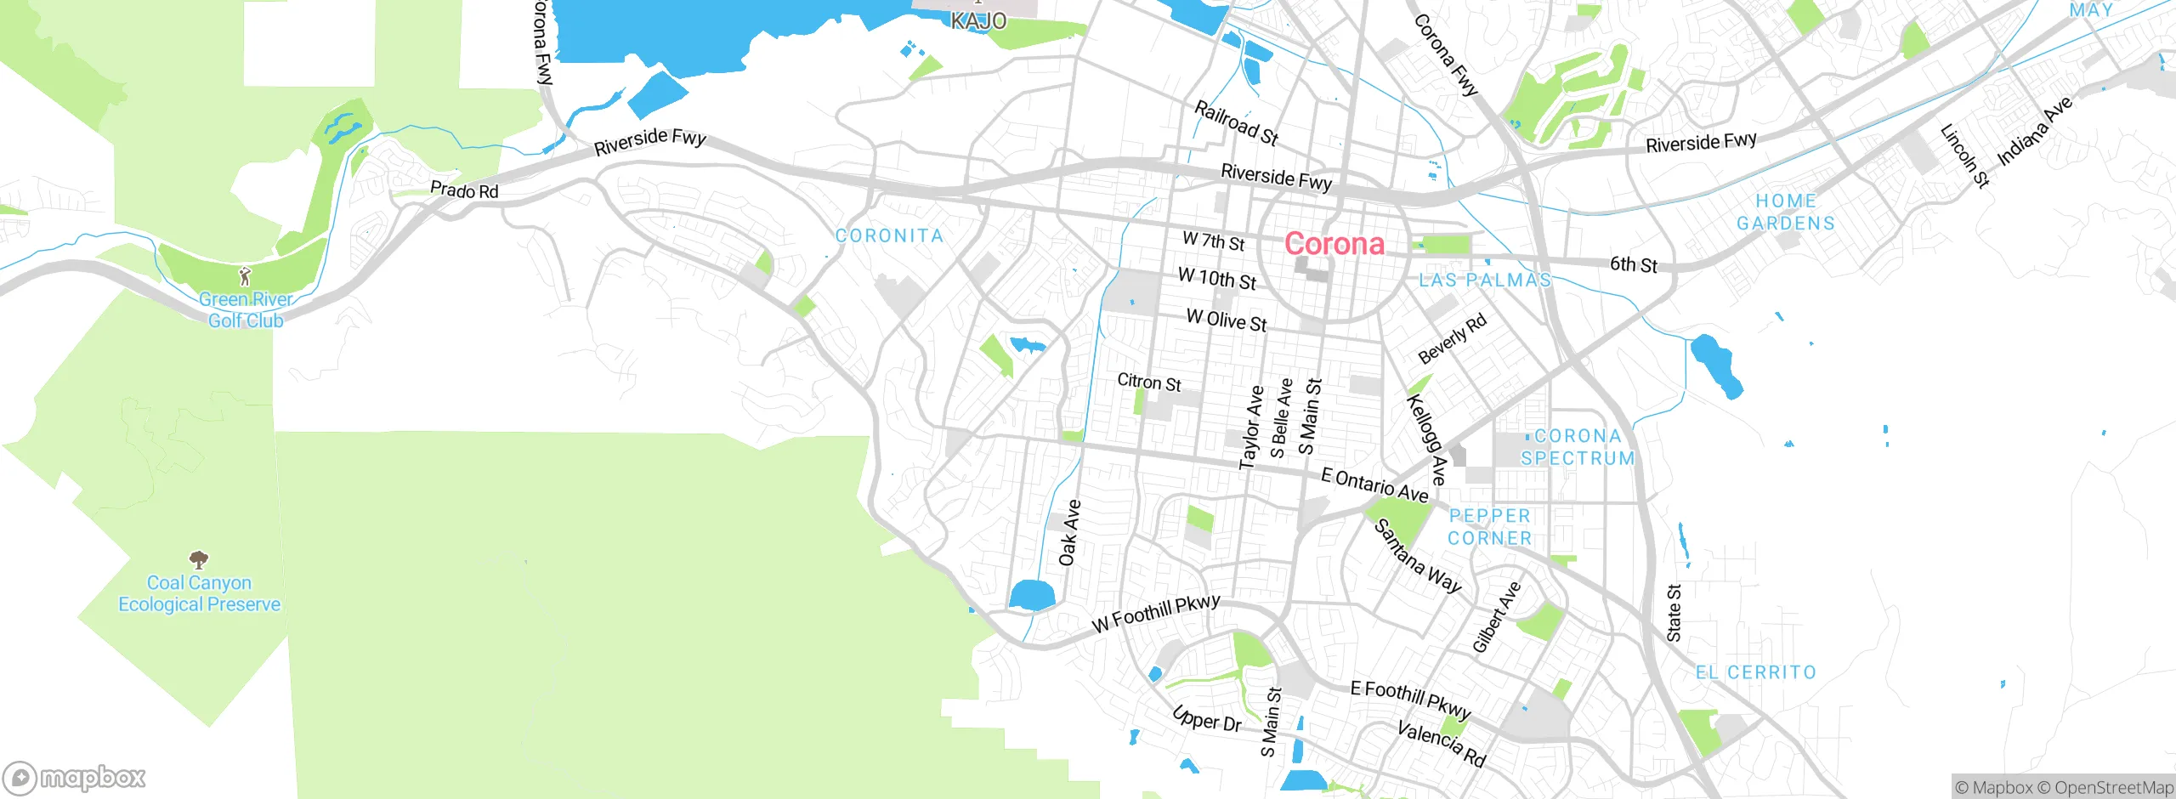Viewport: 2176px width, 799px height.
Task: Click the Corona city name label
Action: click(1334, 244)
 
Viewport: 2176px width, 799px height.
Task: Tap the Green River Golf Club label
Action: click(246, 310)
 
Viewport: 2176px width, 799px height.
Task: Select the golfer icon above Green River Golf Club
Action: click(246, 276)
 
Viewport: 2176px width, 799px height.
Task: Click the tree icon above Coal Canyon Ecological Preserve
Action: click(199, 559)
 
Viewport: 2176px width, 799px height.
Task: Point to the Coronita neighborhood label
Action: click(889, 235)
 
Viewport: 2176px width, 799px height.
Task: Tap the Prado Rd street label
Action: click(464, 190)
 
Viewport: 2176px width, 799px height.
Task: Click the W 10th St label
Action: click(1217, 278)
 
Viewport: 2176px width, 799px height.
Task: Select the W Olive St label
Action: click(1227, 320)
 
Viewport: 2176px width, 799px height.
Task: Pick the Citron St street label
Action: click(1149, 382)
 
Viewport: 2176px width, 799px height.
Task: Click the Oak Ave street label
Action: click(1069, 533)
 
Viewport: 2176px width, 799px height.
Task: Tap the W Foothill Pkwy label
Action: click(1156, 613)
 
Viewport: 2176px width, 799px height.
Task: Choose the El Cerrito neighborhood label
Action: click(1755, 672)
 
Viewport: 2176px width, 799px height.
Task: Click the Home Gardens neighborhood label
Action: click(1786, 212)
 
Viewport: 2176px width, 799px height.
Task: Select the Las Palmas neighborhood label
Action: click(1484, 280)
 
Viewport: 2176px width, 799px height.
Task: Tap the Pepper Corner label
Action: click(1490, 527)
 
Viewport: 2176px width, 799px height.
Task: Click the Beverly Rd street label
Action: click(1453, 337)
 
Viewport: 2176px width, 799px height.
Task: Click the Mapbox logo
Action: click(74, 778)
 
